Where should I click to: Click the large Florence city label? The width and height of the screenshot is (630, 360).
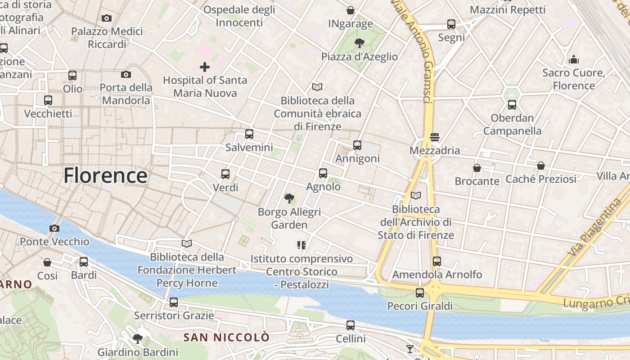click(105, 175)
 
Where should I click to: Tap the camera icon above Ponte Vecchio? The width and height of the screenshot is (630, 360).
click(54, 228)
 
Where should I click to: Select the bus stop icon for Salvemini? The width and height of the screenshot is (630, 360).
click(249, 134)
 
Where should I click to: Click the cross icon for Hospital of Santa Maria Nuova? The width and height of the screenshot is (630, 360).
click(205, 67)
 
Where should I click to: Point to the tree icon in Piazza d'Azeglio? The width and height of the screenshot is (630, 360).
click(359, 43)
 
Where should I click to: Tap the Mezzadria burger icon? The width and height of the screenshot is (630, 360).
click(434, 137)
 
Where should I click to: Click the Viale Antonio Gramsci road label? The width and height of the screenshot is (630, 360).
click(414, 49)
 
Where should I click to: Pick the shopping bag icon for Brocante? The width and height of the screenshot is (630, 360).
click(477, 168)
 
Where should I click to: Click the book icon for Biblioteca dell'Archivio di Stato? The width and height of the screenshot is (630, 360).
click(416, 196)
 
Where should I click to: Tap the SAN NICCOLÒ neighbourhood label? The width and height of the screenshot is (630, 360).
click(226, 337)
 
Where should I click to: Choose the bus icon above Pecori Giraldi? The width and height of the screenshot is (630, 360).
click(420, 293)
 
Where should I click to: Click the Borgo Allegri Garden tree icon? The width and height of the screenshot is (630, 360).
click(289, 198)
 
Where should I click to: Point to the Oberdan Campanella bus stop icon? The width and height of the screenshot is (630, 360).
click(512, 105)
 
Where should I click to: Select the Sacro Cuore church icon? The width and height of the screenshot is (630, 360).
click(574, 59)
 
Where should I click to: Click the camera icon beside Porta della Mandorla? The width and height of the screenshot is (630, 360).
click(126, 74)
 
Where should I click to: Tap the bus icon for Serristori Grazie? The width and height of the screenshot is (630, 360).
click(174, 302)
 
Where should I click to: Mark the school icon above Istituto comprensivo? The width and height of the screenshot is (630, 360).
click(301, 245)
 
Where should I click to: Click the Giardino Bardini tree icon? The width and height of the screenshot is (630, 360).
click(138, 338)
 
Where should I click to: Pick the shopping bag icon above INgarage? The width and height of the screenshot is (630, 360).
click(351, 10)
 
